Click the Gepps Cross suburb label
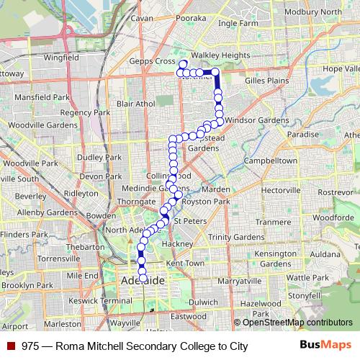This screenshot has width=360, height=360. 155,61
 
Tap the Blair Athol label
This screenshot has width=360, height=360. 135,104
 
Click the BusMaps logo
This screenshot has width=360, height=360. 325,346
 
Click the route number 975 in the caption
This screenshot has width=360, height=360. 30,346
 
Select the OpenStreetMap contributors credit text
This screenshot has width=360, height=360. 297,323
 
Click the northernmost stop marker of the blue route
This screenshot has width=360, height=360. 184,64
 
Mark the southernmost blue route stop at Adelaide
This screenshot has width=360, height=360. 143,278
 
